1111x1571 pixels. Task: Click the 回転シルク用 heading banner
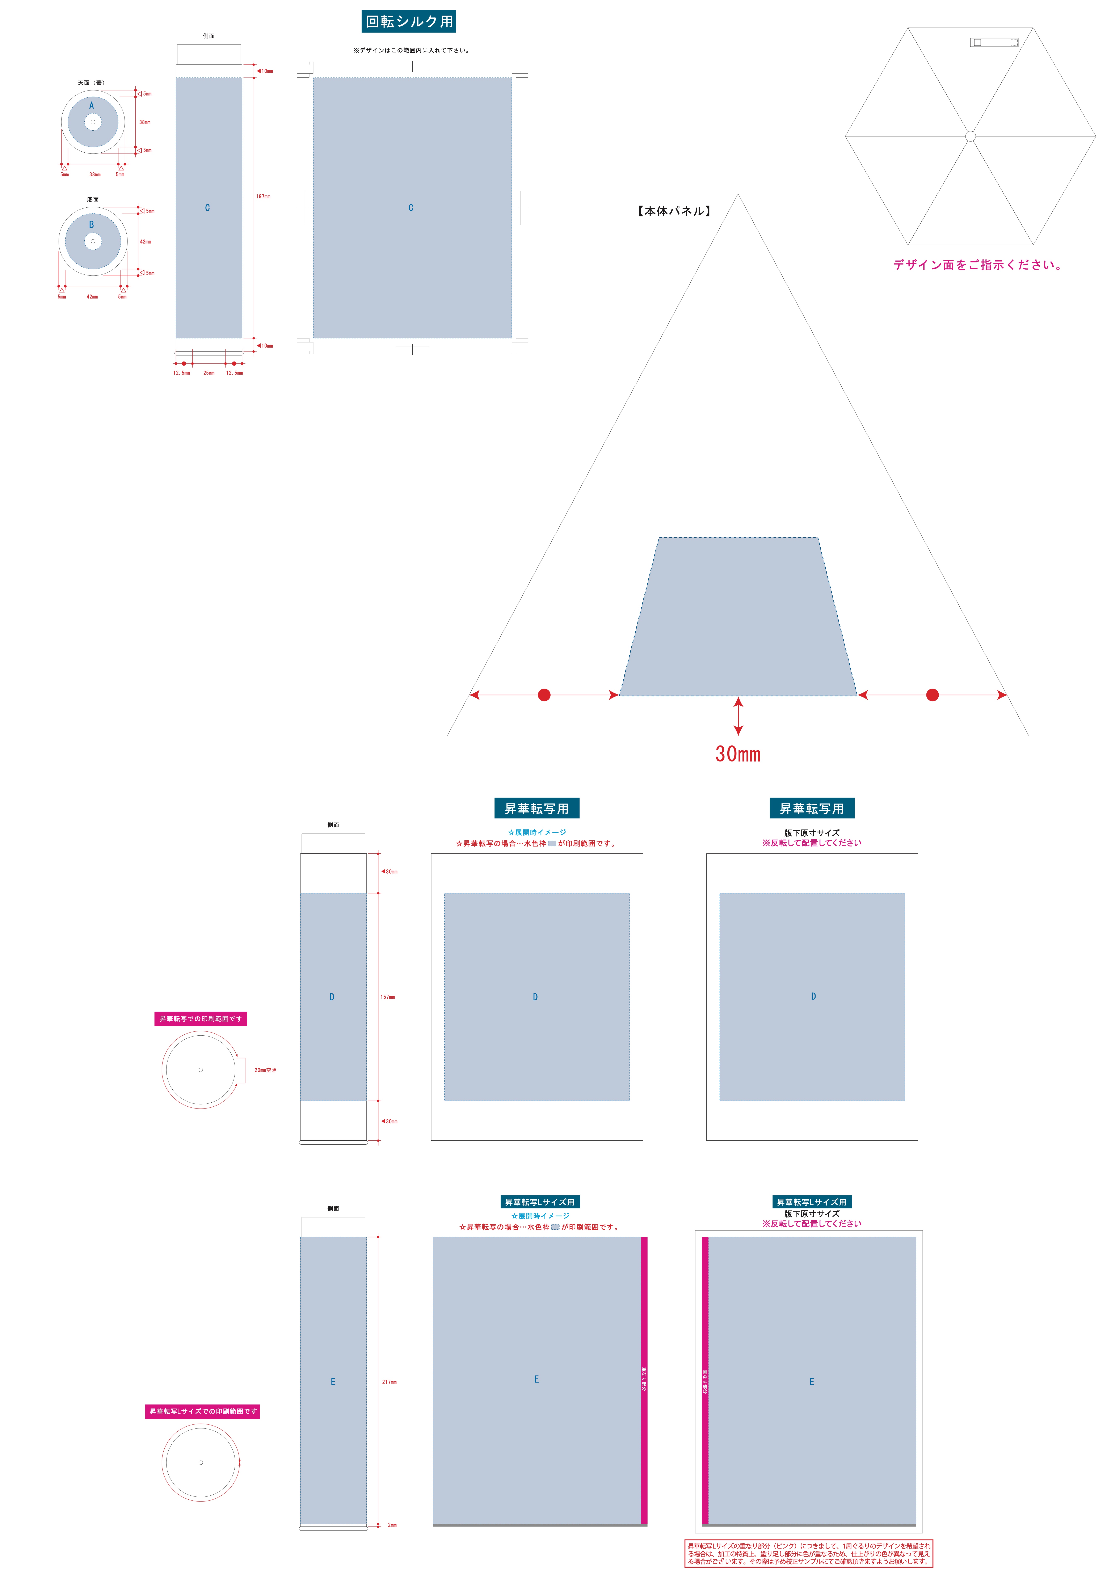409,21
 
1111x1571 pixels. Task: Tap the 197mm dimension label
263,196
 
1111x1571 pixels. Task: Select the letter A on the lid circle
92,105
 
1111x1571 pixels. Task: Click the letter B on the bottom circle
91,224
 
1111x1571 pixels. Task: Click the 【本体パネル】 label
674,211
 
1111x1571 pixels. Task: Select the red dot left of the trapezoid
544,695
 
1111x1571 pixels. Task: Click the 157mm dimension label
387,997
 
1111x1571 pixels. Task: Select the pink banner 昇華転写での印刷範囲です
201,1019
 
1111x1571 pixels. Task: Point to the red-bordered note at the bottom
809,1553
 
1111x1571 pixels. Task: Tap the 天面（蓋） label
91,83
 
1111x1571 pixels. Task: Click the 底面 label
92,199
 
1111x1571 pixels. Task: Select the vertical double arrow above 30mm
738,716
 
